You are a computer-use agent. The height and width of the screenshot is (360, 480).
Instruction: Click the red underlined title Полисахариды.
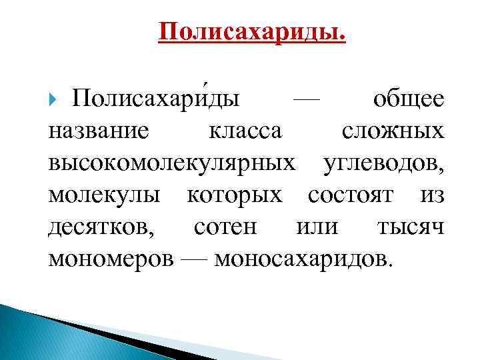253,31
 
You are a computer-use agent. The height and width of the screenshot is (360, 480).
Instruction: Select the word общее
408,100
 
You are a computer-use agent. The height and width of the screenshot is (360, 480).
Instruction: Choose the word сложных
393,131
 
